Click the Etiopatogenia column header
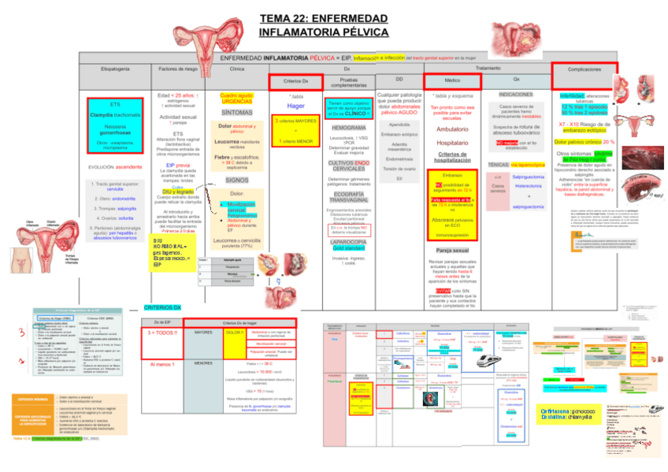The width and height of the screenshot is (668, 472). [115, 70]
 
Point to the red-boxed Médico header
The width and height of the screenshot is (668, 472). [452, 81]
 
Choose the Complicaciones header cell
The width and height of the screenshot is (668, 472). [584, 70]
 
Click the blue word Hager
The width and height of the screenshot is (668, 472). [295, 106]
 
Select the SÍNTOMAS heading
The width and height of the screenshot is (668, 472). [236, 113]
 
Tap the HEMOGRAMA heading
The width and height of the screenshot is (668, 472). [348, 127]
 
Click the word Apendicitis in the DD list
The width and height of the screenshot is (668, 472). [399, 125]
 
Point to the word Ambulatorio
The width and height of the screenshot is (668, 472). [452, 129]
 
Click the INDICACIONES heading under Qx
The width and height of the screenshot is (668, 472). [515, 94]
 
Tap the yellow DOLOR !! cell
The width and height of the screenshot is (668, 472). [234, 333]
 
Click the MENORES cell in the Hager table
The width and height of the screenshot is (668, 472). [203, 363]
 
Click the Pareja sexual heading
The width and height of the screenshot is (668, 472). [452, 250]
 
